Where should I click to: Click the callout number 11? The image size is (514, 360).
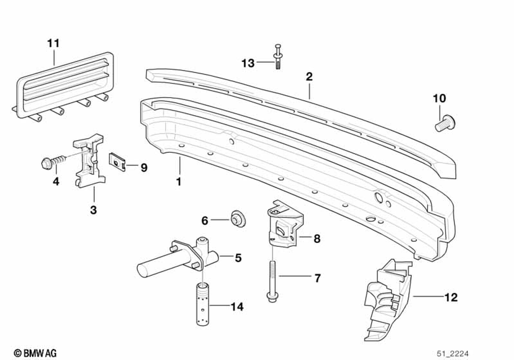[x=53, y=43]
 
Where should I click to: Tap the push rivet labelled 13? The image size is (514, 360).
[x=278, y=57]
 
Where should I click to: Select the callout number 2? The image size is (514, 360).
[x=309, y=77]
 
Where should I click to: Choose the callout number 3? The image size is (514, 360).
[x=94, y=210]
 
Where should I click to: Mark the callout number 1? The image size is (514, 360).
[x=179, y=182]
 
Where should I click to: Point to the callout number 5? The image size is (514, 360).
[x=238, y=258]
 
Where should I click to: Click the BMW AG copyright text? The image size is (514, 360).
[x=35, y=352]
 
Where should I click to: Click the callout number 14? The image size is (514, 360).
[x=236, y=308]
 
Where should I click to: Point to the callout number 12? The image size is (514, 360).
[x=451, y=297]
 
